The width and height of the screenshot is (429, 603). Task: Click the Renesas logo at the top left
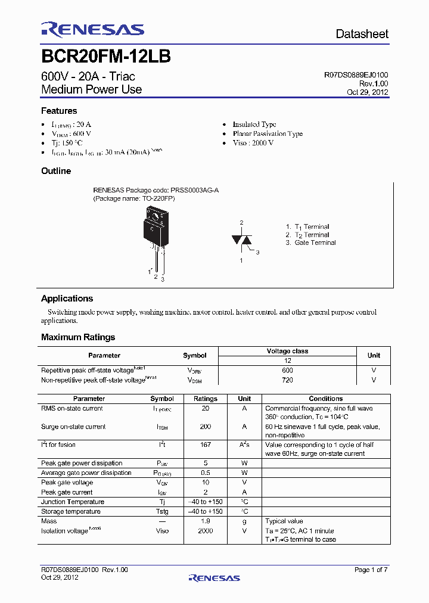[92, 29]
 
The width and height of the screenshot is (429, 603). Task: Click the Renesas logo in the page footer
[214, 577]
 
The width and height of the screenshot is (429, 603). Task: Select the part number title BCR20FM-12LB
[106, 57]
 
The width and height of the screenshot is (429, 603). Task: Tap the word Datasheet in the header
[362, 34]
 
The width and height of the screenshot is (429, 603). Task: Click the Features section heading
[59, 111]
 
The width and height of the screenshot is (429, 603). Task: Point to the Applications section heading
[67, 299]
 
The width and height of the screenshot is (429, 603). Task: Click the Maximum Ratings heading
[78, 337]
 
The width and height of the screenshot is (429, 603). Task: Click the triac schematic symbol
[241, 240]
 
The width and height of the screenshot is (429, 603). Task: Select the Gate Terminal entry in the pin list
[315, 243]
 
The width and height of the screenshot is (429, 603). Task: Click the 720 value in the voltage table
[287, 380]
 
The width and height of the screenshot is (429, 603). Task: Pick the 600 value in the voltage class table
[287, 370]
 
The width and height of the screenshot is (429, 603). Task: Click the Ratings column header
[206, 399]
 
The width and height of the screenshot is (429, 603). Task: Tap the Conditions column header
[325, 399]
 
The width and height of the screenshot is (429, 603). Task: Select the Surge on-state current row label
[73, 427]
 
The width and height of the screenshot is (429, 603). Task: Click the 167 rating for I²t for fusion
[206, 445]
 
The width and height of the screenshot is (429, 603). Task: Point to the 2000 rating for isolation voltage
[206, 531]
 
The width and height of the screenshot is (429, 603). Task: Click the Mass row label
[49, 521]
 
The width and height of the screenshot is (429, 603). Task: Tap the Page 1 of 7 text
[371, 570]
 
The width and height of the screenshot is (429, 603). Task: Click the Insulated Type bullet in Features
[254, 125]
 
